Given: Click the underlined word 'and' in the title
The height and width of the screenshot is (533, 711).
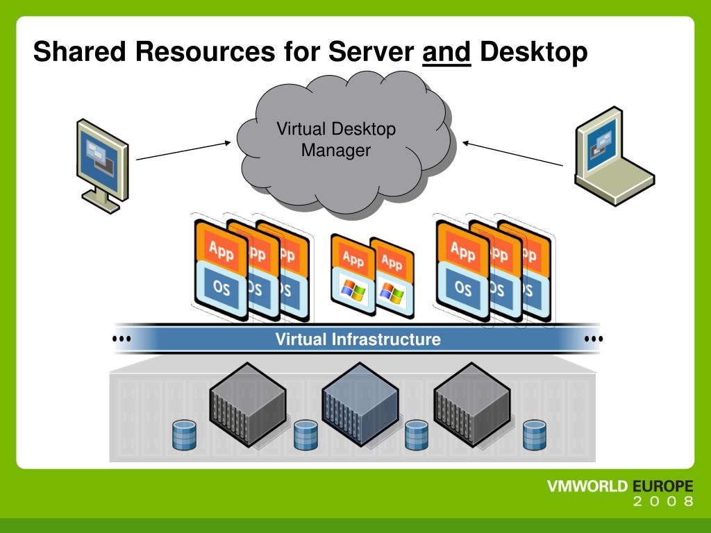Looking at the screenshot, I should click(x=447, y=52).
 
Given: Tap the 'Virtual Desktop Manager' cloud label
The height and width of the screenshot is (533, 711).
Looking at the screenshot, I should click(x=336, y=139).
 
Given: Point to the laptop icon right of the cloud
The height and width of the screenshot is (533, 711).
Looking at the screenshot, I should click(x=611, y=157).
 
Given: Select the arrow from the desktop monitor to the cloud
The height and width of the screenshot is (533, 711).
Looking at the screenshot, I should click(x=183, y=151).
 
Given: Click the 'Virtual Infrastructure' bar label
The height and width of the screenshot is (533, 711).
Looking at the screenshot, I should click(x=358, y=339).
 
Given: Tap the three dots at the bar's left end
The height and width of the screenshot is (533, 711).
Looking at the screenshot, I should click(x=122, y=339).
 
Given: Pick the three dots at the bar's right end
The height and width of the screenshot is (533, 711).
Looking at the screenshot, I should click(x=594, y=339).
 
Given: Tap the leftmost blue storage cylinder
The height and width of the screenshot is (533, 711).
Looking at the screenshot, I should click(x=185, y=434).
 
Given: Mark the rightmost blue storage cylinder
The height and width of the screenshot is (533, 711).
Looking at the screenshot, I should click(x=534, y=434).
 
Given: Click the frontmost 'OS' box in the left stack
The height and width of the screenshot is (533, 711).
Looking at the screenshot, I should click(x=221, y=287).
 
